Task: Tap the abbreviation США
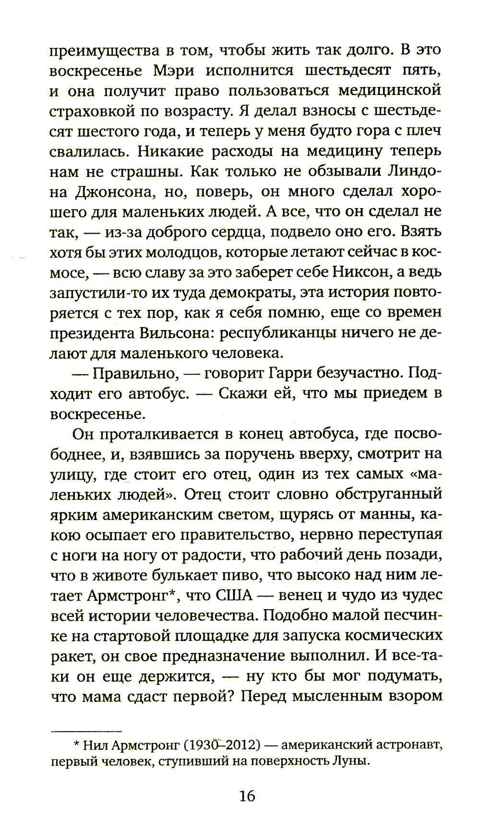(234, 595)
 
